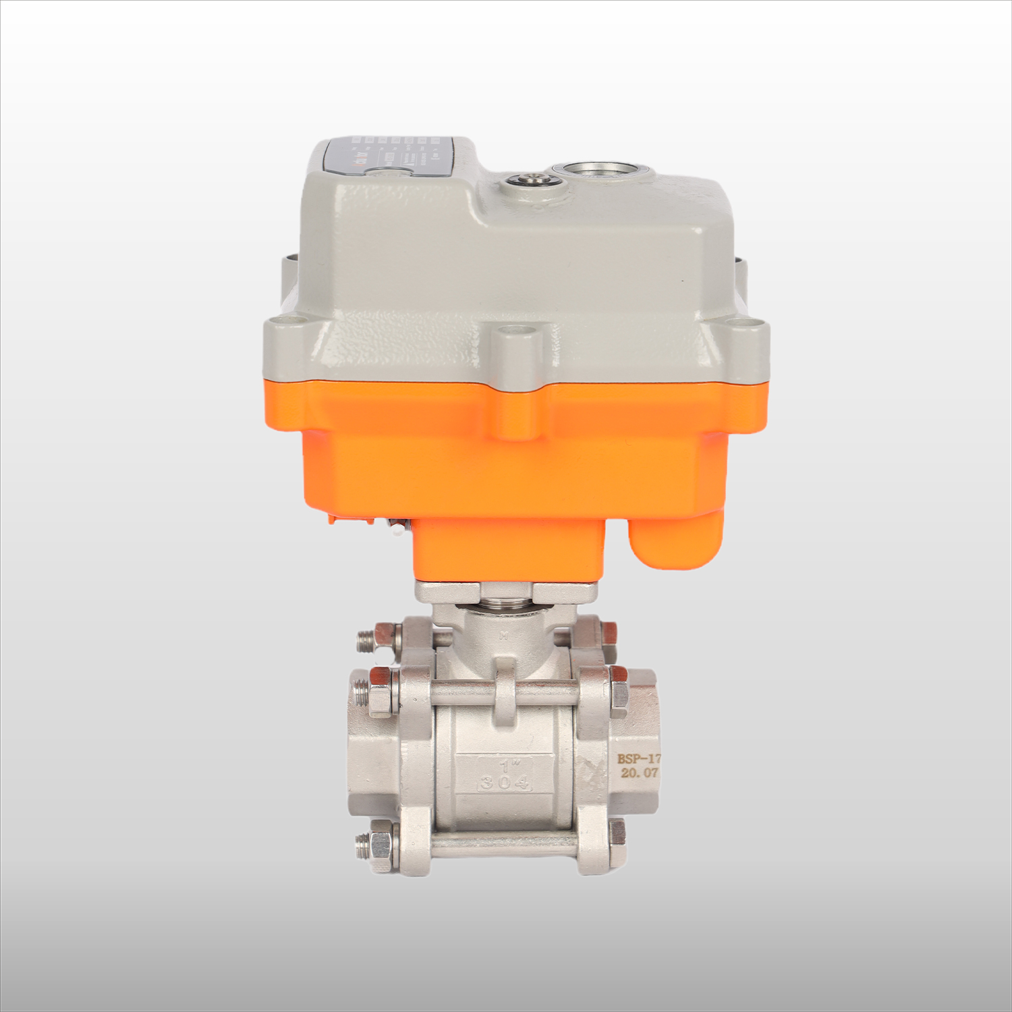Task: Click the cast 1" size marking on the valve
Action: click(x=505, y=766)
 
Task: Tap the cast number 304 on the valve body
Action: click(x=505, y=783)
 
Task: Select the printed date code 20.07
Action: click(x=638, y=773)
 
